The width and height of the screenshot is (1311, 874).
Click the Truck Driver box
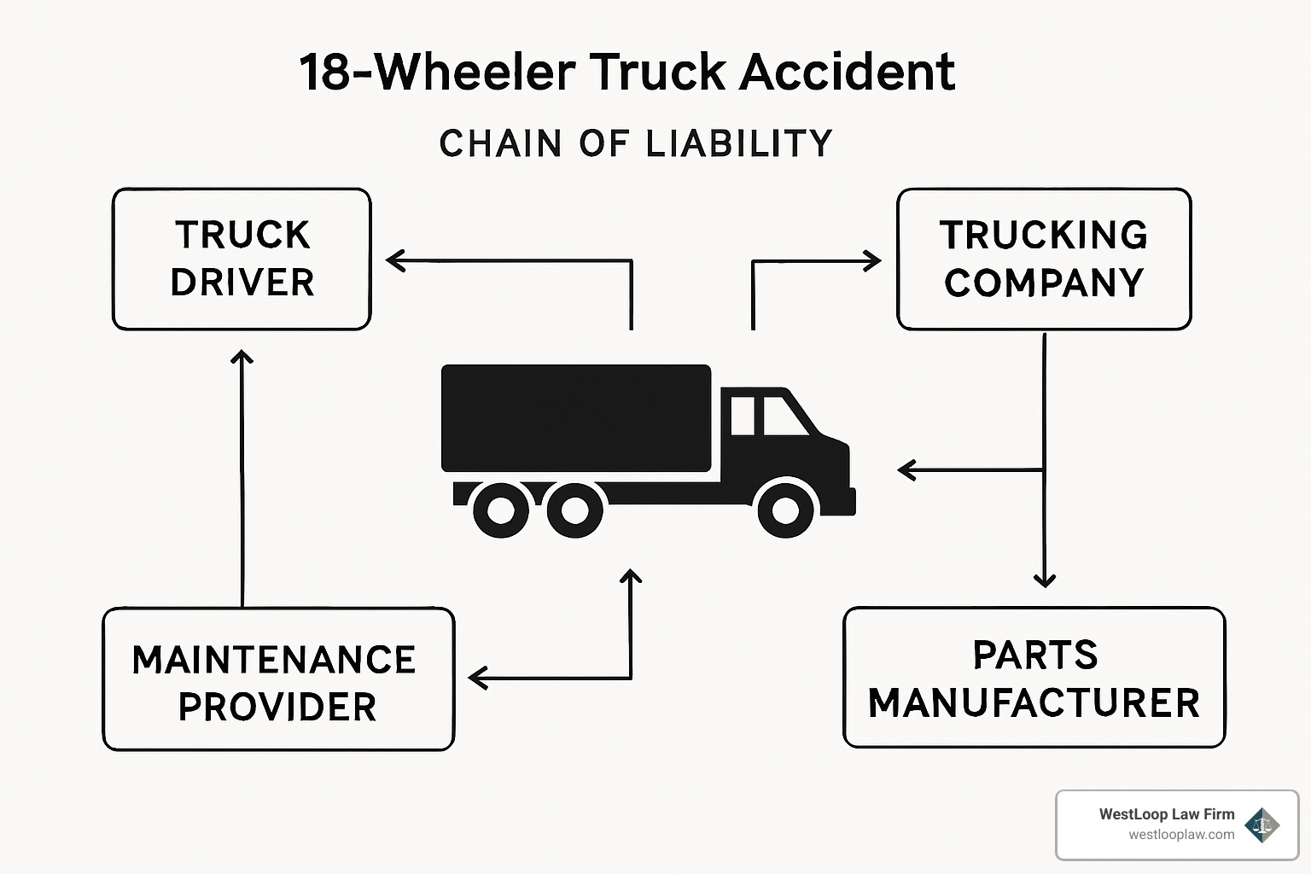point(242,259)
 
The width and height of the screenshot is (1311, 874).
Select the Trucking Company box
point(1043,259)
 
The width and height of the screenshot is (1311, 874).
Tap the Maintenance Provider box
point(277,679)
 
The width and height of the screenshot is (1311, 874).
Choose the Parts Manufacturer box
point(1034,678)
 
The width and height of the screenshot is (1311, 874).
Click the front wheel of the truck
point(784,510)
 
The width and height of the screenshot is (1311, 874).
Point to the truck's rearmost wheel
point(501,510)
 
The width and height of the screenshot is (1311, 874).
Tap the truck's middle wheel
point(574,510)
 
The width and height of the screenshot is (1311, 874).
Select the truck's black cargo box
point(575,418)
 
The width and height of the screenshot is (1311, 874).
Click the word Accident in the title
point(847,72)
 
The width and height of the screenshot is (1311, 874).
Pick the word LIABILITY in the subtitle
point(738,143)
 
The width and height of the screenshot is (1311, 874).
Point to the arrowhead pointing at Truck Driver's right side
point(395,260)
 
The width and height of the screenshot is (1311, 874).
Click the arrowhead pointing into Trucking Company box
point(872,261)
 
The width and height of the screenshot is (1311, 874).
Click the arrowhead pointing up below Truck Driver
point(242,358)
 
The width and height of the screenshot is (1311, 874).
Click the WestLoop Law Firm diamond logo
point(1261,824)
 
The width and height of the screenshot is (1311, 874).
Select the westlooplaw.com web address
point(1181,835)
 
